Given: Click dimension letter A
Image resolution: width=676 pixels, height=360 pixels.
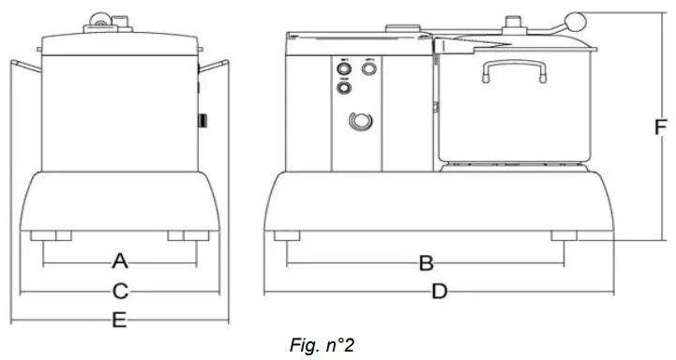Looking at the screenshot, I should point(119,259).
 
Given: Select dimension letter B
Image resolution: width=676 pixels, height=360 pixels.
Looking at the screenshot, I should point(425,262).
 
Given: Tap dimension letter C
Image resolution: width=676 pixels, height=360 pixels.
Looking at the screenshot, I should point(120,291).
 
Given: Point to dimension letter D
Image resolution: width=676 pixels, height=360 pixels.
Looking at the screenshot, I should point(439,292).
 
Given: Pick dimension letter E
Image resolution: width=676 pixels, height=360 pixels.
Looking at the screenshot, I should point(119,320).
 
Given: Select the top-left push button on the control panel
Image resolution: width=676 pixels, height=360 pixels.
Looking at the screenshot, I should point(343,68).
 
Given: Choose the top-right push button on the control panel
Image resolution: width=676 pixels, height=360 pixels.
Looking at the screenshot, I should point(369,68).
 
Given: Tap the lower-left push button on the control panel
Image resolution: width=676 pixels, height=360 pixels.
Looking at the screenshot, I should point(343,88).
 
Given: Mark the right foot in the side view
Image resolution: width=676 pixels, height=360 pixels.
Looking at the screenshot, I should point(566,235).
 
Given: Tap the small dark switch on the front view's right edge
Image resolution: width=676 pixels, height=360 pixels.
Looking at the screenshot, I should point(201,120).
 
